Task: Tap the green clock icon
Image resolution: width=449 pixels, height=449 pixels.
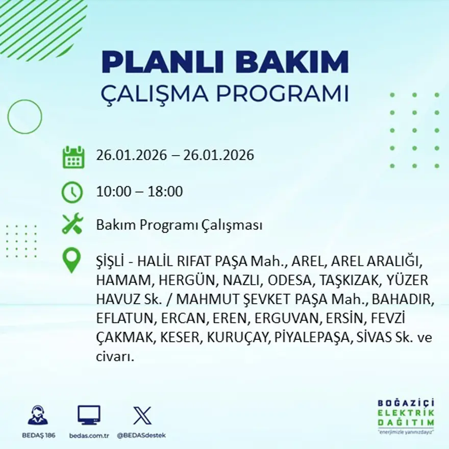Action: (72, 192)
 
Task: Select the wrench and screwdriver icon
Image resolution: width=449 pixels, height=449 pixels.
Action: (72, 224)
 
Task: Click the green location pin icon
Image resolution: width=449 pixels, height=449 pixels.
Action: (71, 260)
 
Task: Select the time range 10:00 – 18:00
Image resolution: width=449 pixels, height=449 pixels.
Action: (139, 192)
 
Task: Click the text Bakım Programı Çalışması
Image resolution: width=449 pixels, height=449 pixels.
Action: (179, 225)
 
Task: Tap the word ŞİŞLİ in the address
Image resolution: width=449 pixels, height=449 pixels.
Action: (111, 261)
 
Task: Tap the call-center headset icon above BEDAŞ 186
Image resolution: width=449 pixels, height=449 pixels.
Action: (37, 415)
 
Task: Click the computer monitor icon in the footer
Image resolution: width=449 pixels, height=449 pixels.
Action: (89, 415)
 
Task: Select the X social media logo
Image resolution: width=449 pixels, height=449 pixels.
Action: (142, 415)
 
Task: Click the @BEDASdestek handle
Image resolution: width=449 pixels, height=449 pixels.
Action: (141, 435)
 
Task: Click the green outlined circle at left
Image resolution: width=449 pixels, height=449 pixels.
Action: (24, 117)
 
